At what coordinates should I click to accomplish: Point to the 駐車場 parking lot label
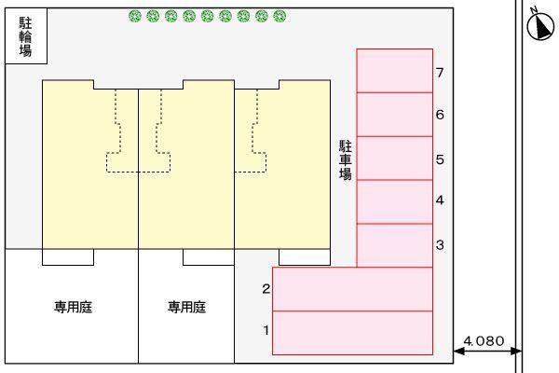coord(345,160)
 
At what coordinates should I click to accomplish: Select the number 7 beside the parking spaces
coord(440,72)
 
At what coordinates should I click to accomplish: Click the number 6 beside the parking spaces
coord(440,115)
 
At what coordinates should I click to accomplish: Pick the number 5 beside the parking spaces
coord(440,159)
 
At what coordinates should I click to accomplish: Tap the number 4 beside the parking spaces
coord(440,200)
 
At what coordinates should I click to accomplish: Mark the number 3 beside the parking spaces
coord(440,245)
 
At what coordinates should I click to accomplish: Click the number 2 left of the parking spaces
coord(266,289)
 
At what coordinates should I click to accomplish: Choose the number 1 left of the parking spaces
coord(266,329)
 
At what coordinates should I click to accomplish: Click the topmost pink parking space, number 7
coord(394,71)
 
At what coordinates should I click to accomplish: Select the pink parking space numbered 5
coord(394,158)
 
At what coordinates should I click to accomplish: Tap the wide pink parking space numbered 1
coord(352,333)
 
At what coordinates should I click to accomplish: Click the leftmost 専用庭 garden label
coord(73,307)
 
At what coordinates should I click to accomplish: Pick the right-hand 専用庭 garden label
coord(186,307)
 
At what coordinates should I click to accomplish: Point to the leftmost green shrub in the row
coord(135,16)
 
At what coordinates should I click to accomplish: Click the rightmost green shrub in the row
coord(280,16)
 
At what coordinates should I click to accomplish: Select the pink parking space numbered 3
coord(394,245)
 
